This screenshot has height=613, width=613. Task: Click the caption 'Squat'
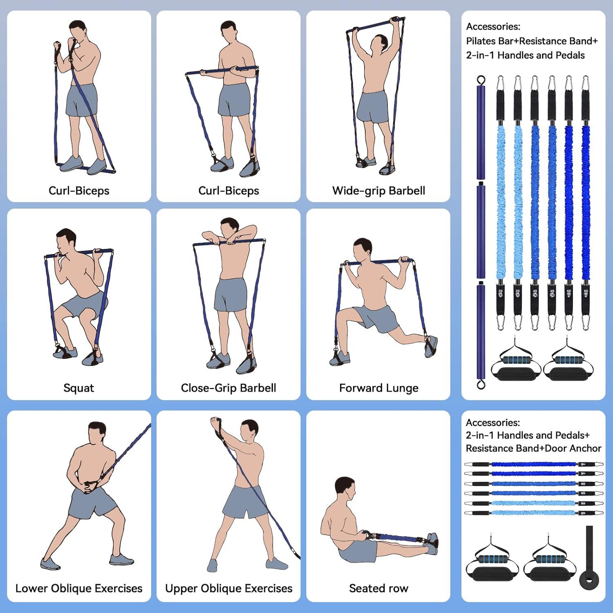tap(78, 388)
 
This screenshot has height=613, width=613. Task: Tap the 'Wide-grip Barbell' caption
tap(378, 190)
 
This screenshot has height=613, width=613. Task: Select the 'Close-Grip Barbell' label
tap(228, 388)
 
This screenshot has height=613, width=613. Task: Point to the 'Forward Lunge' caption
tap(378, 388)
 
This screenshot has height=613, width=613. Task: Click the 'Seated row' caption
tap(378, 588)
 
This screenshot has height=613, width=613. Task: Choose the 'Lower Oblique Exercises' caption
tap(79, 588)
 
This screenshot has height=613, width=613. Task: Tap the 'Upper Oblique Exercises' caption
tap(228, 588)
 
